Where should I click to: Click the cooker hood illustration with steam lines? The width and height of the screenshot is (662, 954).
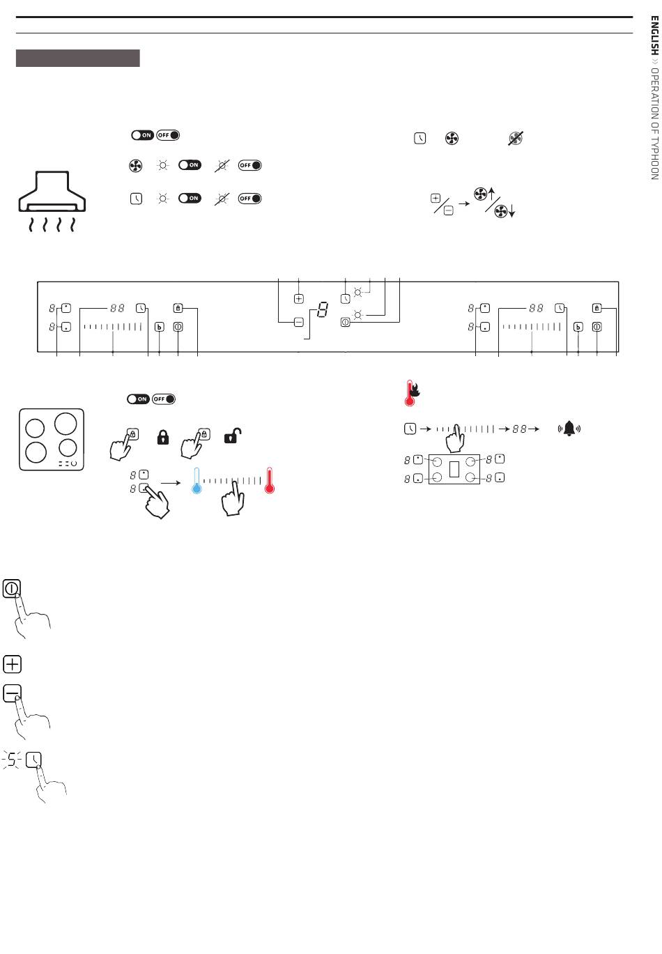pos(52,201)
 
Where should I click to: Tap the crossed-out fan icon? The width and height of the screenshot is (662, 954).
pos(516,139)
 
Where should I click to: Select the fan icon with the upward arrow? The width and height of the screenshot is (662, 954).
pos(484,194)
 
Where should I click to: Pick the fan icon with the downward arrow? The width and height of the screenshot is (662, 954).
pos(505,211)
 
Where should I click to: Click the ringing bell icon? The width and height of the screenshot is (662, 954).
pos(569,429)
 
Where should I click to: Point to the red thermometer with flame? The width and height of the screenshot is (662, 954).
pos(412,392)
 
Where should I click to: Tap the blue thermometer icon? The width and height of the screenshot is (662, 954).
pos(197,480)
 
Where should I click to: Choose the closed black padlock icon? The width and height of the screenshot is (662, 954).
pos(163,437)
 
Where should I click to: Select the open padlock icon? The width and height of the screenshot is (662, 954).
pos(233,436)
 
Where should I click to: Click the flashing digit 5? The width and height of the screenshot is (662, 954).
pos(12,760)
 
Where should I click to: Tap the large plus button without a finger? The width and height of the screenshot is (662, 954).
pos(12,664)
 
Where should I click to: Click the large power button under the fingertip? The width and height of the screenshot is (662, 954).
pos(12,589)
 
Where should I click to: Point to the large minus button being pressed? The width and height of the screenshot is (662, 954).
pos(12,694)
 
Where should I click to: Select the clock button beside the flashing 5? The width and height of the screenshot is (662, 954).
pos(33,760)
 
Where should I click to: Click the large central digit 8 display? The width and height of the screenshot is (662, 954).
pos(323,309)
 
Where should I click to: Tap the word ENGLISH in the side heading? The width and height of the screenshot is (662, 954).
pos(654,36)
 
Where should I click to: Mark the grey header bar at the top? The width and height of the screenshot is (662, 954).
pos(78,58)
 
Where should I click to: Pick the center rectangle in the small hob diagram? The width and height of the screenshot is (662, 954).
pos(454,469)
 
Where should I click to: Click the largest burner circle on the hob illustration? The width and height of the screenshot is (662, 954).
pos(66,424)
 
